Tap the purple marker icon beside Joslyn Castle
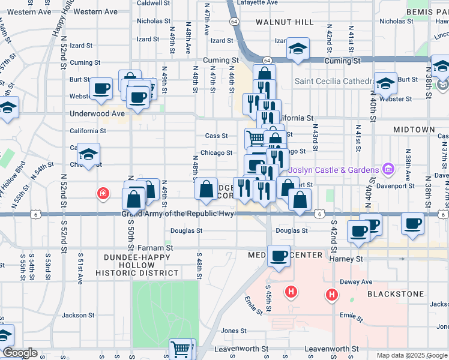click(387, 170)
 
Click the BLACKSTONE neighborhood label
click(396, 294)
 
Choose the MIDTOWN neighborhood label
click(414, 130)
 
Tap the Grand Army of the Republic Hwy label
click(178, 214)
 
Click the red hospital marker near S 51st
click(104, 193)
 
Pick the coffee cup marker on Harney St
click(279, 256)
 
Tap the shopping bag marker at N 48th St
click(206, 189)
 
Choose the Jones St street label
click(234, 331)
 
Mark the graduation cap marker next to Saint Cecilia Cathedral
click(385, 83)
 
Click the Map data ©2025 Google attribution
click(412, 355)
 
